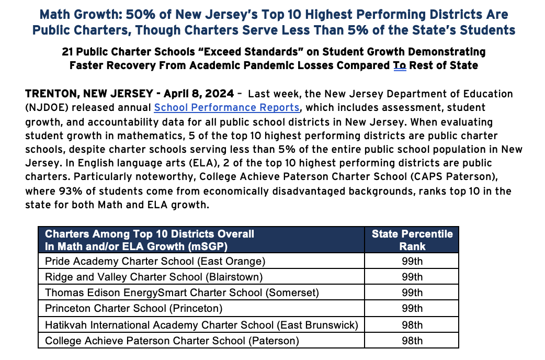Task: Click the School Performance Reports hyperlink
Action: pyautogui.click(x=226, y=108)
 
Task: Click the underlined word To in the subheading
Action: pyautogui.click(x=400, y=65)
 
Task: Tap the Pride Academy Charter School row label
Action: pyautogui.click(x=155, y=261)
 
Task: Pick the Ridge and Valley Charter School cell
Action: pyautogui.click(x=154, y=277)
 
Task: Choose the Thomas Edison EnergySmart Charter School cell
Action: pyautogui.click(x=182, y=292)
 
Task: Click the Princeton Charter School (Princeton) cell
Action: pyautogui.click(x=134, y=309)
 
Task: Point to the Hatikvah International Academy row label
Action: pyautogui.click(x=201, y=325)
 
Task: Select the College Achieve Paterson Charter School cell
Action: pyautogui.click(x=172, y=341)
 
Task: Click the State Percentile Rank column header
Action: pyautogui.click(x=412, y=240)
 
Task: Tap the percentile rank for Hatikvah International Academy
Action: pyautogui.click(x=412, y=325)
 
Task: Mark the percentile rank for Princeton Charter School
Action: pyautogui.click(x=412, y=309)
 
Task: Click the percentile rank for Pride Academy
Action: pyautogui.click(x=412, y=261)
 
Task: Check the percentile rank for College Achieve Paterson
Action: pyautogui.click(x=412, y=341)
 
